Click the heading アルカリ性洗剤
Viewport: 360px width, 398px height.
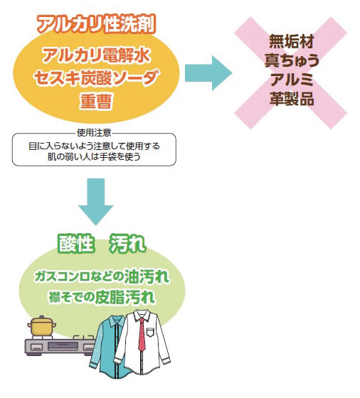click(96, 24)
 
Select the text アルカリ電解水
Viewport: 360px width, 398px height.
click(96, 55)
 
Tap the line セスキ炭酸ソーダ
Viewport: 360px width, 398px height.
click(97, 77)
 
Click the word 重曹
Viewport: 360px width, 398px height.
click(96, 101)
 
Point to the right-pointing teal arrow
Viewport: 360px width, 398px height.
click(208, 73)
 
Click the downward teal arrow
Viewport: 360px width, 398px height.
click(96, 202)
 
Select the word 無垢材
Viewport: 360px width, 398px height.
click(292, 41)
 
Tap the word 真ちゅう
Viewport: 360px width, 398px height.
click(292, 60)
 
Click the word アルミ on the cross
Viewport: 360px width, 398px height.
click(292, 80)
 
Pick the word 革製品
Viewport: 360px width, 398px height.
click(292, 99)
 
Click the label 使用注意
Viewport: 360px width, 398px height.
click(94, 132)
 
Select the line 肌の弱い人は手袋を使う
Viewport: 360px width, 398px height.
click(94, 156)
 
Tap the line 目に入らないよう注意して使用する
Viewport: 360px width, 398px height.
click(94, 146)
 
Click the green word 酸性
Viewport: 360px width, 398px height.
click(75, 244)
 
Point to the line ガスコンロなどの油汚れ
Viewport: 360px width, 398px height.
click(102, 276)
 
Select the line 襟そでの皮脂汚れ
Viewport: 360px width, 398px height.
click(102, 297)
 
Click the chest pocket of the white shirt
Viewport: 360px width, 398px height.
click(151, 332)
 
